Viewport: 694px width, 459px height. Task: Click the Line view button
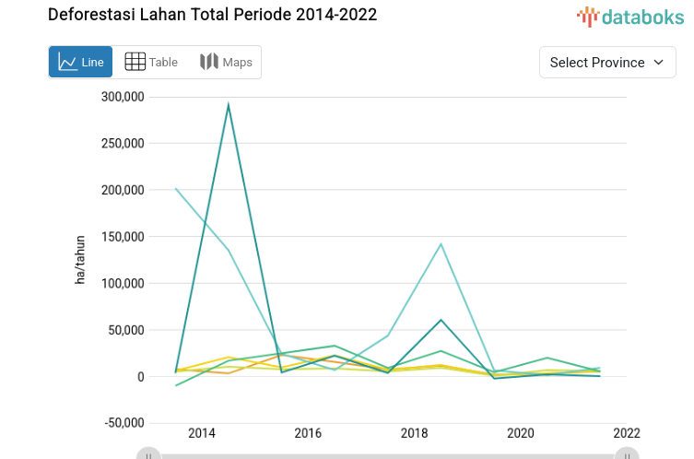click(x=81, y=63)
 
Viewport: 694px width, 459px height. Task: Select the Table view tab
click(x=151, y=63)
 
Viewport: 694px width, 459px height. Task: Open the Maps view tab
click(x=226, y=63)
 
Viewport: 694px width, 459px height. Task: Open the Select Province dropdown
click(x=606, y=63)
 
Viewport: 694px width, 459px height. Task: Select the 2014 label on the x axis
click(x=201, y=433)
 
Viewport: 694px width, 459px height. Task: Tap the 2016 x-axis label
click(x=308, y=433)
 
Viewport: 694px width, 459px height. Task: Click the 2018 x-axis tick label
click(x=414, y=433)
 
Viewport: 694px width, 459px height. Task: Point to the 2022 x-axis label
click(x=626, y=433)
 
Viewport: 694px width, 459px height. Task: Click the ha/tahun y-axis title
click(x=80, y=260)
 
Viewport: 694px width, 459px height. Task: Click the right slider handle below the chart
click(x=627, y=453)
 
